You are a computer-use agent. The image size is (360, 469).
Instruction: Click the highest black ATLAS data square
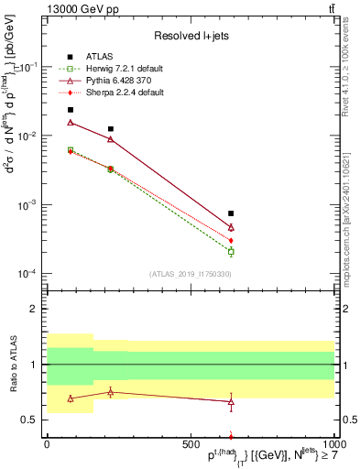tap(71, 110)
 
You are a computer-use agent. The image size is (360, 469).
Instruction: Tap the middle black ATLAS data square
tap(111, 129)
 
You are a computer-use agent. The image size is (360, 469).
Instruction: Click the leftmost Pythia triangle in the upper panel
tap(71, 122)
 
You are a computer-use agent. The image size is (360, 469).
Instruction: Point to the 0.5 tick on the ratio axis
tap(32, 420)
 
